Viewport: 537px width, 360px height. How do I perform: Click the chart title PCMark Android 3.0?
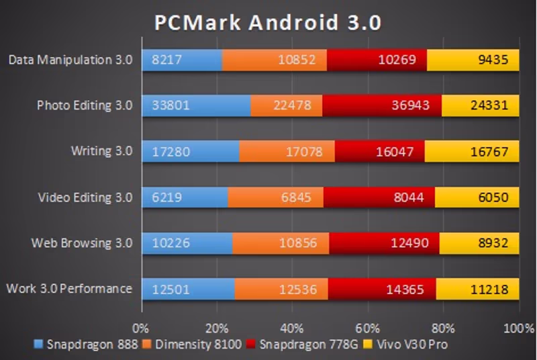[x=268, y=22]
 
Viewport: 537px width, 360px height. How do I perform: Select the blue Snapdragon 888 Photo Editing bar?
[x=196, y=105]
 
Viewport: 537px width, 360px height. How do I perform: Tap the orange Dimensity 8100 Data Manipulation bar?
[x=274, y=60]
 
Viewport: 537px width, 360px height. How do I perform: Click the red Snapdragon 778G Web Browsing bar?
[x=384, y=243]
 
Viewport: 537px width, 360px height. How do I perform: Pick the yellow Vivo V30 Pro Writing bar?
[x=473, y=152]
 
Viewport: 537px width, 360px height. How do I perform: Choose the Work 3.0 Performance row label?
[x=68, y=289]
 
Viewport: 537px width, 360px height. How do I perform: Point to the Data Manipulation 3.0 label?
[x=70, y=60]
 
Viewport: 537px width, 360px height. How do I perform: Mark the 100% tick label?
[x=516, y=329]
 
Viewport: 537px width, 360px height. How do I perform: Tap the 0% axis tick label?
[x=141, y=329]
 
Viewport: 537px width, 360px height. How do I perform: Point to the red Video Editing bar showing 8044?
[x=379, y=197]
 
